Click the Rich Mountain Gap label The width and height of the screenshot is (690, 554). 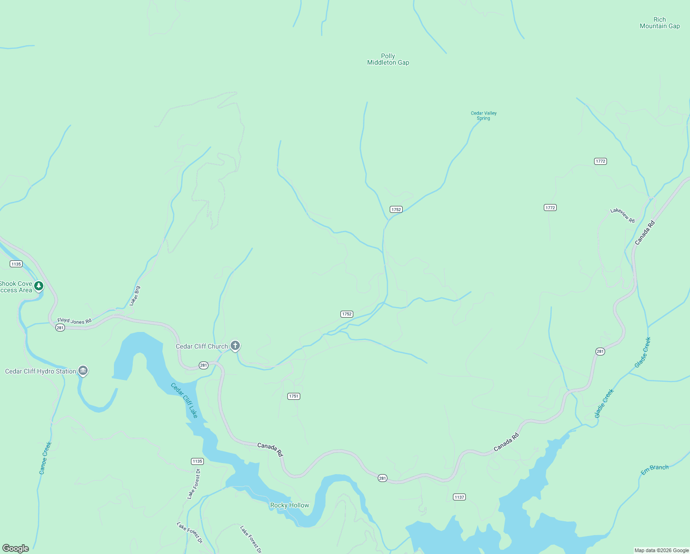coord(660,23)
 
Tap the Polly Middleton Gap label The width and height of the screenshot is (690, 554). coord(388,59)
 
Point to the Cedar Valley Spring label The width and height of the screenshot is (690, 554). coord(483,115)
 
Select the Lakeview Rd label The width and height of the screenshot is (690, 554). coord(622,216)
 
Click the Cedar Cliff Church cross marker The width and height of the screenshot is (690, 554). coord(235,345)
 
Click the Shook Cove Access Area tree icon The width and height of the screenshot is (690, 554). coord(39,286)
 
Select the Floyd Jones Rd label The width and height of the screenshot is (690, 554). coord(74,320)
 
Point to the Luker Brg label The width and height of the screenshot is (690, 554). coord(135,296)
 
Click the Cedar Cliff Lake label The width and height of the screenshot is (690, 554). coord(184,400)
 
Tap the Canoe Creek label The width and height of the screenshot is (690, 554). coord(45,458)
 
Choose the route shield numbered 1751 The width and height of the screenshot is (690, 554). coord(294,396)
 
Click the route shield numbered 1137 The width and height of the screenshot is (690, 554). coord(459,497)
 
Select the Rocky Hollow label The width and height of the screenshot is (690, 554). coord(290,505)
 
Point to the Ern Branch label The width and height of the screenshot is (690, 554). coord(654,470)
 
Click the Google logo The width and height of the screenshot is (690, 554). coord(16,548)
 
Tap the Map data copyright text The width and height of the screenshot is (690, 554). coord(661,550)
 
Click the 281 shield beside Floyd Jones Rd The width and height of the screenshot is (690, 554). coord(60,327)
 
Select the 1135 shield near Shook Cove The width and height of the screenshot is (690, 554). coord(16,264)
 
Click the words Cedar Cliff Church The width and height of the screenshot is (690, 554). coord(202,346)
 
